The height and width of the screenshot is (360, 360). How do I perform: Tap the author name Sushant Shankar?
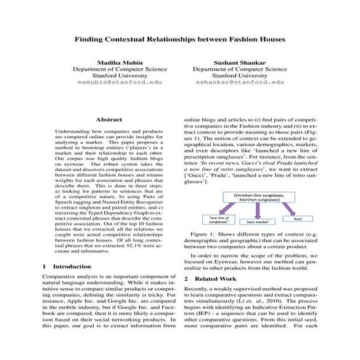point(239,63)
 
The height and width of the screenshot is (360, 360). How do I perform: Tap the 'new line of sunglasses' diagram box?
point(219,219)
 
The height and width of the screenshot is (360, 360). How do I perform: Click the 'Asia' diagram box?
point(297,217)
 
